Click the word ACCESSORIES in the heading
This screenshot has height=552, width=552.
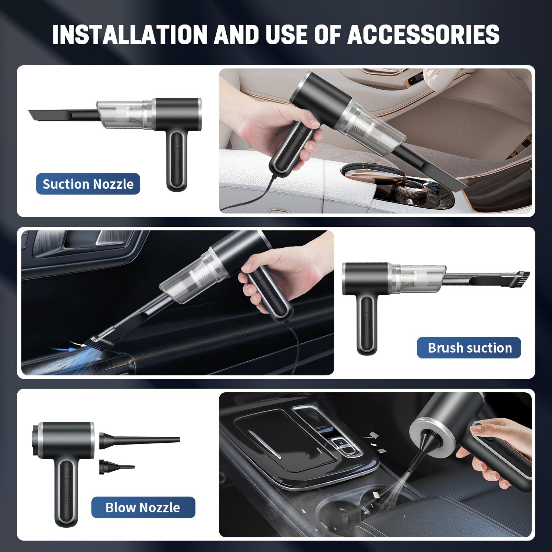(x=424, y=35)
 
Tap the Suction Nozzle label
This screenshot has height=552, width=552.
(x=88, y=184)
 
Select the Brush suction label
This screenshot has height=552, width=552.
(x=469, y=348)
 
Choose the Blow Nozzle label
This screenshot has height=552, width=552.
(x=143, y=507)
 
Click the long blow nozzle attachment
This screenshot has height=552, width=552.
(x=139, y=440)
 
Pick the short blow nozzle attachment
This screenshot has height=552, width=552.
(x=116, y=467)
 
